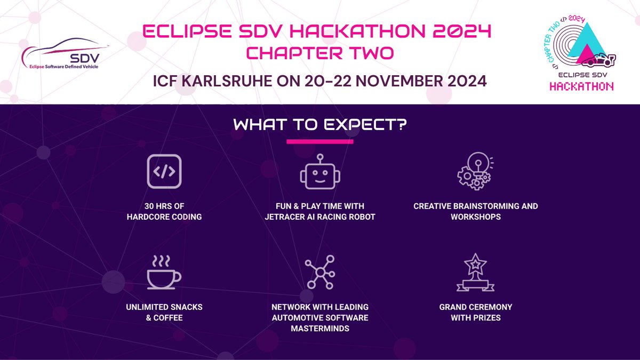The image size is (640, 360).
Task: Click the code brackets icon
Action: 164,171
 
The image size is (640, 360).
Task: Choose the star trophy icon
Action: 476,273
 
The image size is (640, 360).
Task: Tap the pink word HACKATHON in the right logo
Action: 581,87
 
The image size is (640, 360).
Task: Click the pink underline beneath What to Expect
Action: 320,142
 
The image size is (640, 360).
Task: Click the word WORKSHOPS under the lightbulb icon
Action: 476,217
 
